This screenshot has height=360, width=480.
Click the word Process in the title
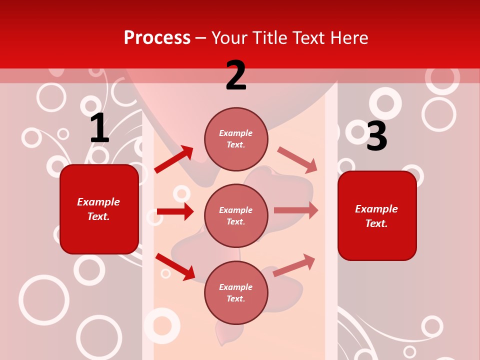click(157, 38)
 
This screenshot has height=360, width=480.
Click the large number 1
click(99, 128)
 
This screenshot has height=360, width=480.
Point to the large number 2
click(236, 76)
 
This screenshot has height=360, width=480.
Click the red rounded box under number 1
click(99, 209)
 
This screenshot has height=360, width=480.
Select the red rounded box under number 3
click(377, 216)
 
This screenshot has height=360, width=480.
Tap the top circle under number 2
click(236, 139)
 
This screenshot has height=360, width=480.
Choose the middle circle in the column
click(236, 216)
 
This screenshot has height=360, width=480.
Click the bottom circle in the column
click(236, 293)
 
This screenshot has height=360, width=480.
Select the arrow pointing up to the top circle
click(173, 159)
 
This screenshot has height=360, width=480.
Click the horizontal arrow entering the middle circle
click(175, 211)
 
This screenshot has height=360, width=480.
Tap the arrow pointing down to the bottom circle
click(175, 266)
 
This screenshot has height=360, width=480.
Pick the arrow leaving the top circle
click(297, 160)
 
